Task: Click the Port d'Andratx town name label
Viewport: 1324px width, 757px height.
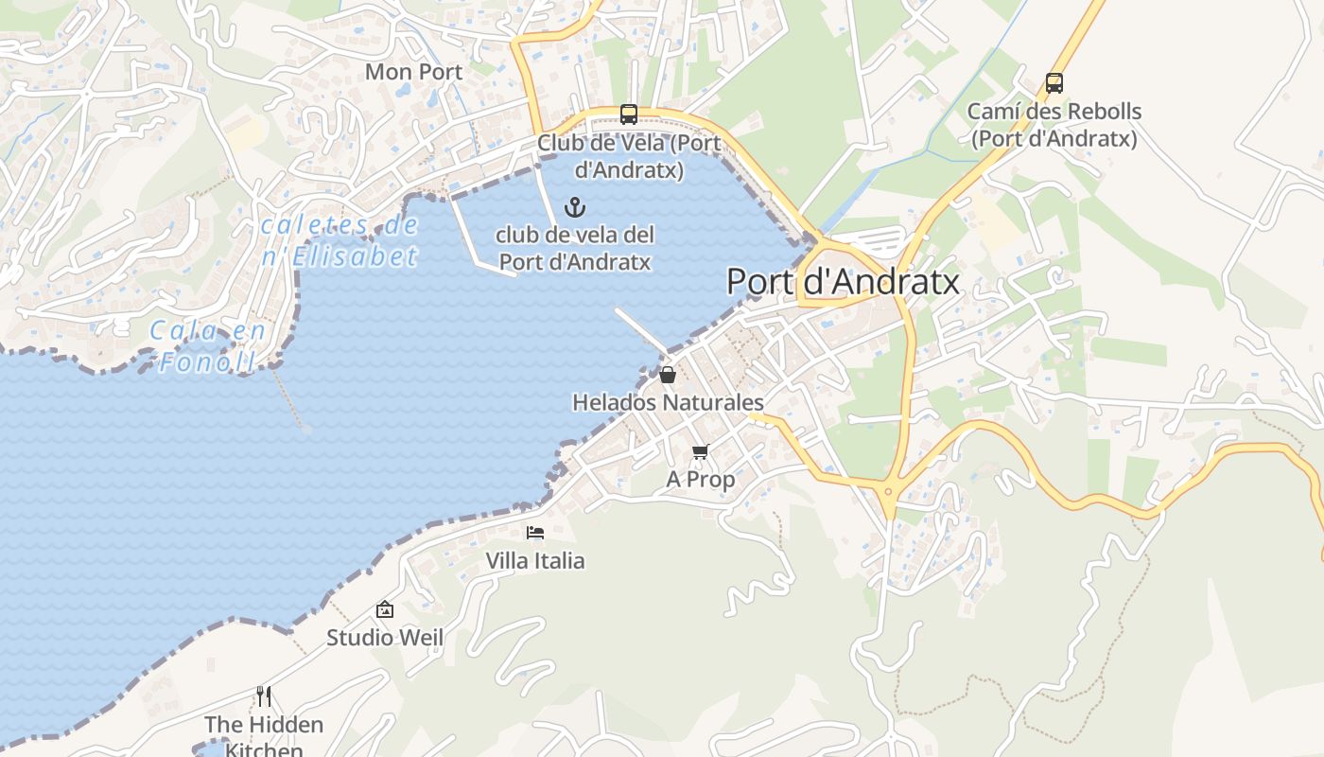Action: pos(843,282)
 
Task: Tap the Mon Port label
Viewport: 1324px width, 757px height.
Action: pos(413,72)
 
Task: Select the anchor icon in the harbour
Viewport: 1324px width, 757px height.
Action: pos(574,206)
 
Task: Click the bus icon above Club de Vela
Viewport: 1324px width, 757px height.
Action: pos(628,114)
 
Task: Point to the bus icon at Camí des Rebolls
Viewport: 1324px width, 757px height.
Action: pos(1054,83)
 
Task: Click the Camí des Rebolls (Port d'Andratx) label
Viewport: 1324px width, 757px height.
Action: pos(1054,125)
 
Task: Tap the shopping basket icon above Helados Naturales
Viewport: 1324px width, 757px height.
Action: pos(668,375)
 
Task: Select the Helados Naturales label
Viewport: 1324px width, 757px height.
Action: pos(668,402)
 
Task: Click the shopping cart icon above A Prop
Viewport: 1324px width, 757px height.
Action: pos(700,452)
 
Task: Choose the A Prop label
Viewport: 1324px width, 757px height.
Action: pos(700,480)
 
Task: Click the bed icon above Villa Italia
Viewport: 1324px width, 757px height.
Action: pos(535,533)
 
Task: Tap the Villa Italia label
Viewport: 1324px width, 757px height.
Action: pos(535,560)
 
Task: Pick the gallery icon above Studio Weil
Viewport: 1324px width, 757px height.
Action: pos(384,609)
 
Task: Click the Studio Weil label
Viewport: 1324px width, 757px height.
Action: pos(384,638)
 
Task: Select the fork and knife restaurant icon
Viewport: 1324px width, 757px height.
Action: pos(264,696)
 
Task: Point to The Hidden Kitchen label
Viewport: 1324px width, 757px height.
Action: pos(264,736)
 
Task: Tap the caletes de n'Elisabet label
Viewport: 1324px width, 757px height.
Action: pos(339,240)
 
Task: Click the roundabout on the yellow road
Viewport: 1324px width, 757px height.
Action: pos(889,491)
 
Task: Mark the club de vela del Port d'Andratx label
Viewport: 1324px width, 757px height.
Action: pos(575,248)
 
